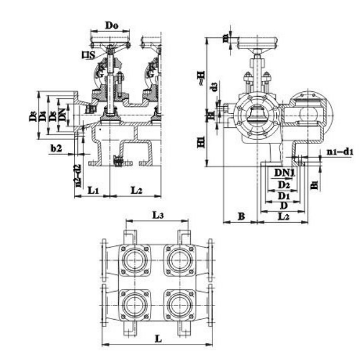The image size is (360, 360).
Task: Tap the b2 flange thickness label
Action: [x=56, y=147]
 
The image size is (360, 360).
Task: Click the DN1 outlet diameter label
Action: [x=284, y=172]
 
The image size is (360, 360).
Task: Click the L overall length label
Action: [x=158, y=338]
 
